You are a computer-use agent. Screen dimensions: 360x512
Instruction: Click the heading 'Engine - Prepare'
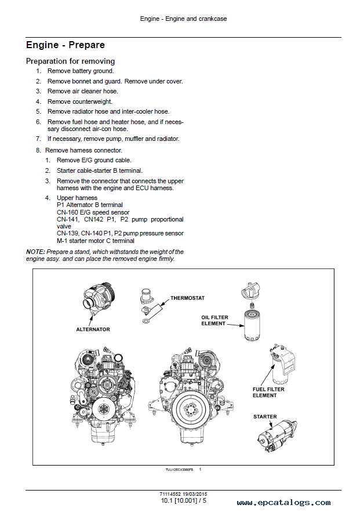[66, 45]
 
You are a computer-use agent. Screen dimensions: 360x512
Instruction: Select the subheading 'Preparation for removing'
[71, 61]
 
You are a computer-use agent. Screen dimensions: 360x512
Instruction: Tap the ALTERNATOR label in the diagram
[93, 329]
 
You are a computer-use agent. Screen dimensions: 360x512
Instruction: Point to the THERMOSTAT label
[187, 298]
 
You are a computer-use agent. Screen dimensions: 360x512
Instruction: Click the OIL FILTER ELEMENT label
[214, 320]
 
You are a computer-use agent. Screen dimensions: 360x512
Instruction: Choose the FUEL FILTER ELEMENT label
[268, 392]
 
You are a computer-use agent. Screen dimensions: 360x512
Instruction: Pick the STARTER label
[265, 417]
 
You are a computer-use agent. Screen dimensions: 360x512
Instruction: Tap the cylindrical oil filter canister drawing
[252, 325]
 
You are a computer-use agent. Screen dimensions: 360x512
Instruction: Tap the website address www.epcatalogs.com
[283, 503]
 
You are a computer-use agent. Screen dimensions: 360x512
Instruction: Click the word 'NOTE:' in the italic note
[35, 252]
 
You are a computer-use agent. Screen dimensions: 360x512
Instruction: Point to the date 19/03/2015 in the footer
[195, 494]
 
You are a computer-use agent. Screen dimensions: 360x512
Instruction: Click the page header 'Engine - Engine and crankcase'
[183, 19]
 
